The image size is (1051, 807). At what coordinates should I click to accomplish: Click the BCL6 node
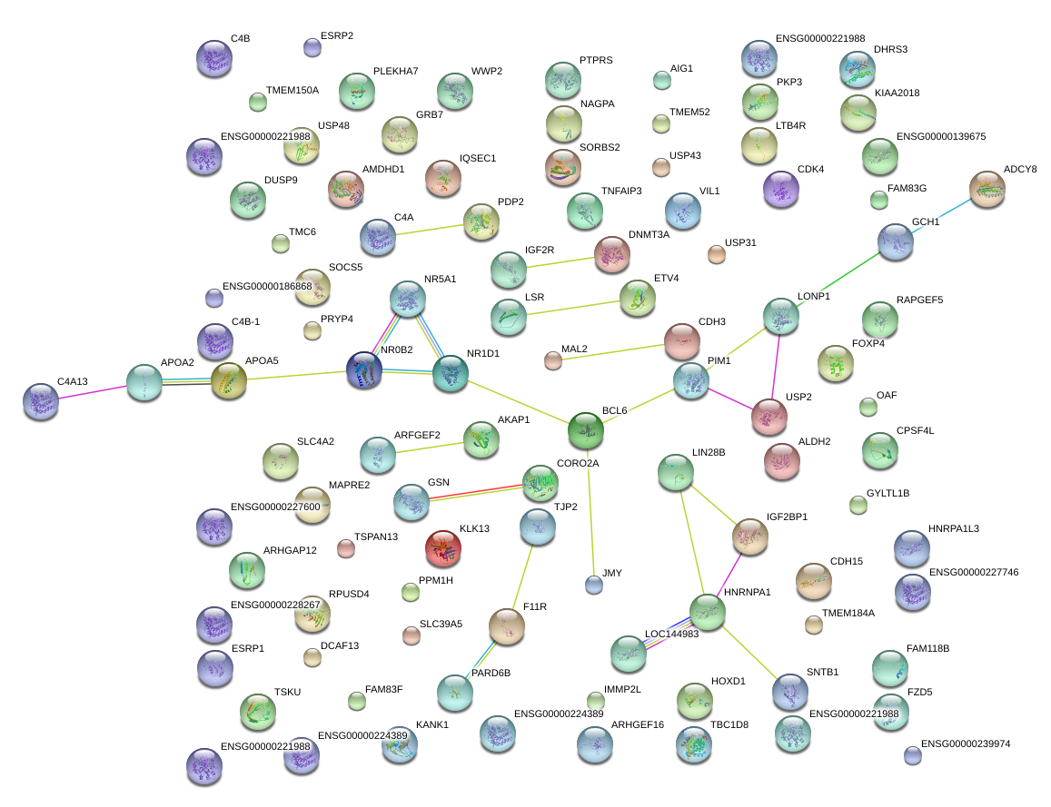point(586,430)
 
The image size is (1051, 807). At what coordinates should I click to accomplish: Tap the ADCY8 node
point(987,189)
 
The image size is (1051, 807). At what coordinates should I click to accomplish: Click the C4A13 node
point(41,401)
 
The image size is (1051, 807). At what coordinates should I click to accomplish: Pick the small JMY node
point(594,585)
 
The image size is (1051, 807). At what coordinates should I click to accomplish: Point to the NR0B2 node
point(364,371)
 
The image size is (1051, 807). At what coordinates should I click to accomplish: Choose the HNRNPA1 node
point(708,612)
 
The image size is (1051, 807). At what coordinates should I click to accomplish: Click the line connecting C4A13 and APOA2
point(92,392)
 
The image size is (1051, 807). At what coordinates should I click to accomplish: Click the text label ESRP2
point(337,36)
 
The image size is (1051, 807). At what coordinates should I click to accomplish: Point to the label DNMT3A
point(649,235)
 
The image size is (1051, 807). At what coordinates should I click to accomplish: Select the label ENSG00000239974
point(965,744)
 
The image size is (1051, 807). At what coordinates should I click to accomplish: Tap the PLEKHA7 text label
point(395,72)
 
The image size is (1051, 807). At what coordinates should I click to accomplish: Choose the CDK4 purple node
point(781,189)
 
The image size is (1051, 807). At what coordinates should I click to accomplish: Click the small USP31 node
point(717,254)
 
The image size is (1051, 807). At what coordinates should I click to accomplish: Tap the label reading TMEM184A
point(848,614)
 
